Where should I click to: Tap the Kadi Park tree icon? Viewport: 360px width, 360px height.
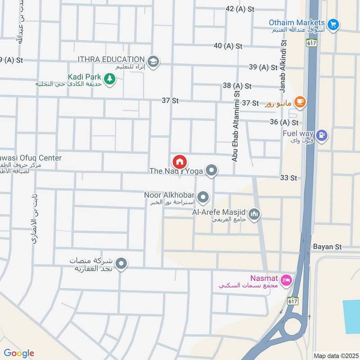[109, 79]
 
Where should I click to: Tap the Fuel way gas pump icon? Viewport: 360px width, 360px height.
[321, 135]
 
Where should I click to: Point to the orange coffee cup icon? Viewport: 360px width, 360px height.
[300, 103]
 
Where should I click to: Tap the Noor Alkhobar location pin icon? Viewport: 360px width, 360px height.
[203, 197]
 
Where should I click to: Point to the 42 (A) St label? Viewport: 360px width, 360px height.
[236, 9]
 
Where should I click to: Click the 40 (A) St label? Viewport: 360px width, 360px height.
[228, 45]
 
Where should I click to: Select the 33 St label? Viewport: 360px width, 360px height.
[288, 178]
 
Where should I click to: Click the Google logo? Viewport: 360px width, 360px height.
[19, 353]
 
